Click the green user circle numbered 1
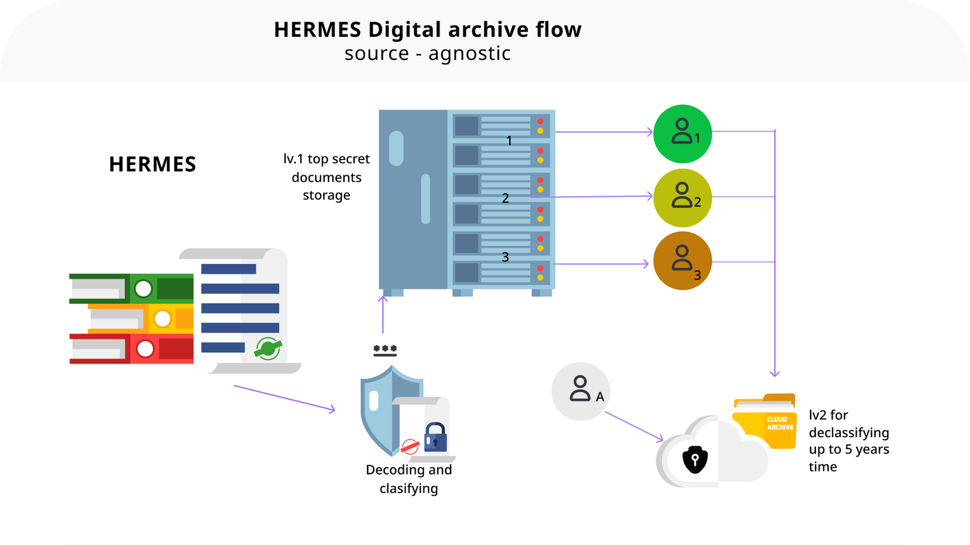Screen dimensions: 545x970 682,134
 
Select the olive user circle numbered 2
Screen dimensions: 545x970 682,198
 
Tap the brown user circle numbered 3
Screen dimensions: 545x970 682,261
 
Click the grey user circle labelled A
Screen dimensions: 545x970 580,391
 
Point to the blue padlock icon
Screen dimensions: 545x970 435,437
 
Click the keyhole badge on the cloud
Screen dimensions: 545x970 695,460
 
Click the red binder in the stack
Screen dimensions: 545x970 131,349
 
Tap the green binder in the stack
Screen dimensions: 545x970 131,288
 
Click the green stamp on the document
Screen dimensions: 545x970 267,348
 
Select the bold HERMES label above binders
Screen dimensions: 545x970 152,164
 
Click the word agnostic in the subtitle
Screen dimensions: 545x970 469,54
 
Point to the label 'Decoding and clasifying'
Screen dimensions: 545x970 409,479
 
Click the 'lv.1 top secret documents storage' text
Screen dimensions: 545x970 326,177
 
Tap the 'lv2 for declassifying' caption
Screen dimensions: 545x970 848,441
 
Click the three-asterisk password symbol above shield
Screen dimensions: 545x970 385,350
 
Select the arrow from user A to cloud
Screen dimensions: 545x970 634,427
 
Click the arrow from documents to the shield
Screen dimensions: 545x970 284,398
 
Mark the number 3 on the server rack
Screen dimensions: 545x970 505,257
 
